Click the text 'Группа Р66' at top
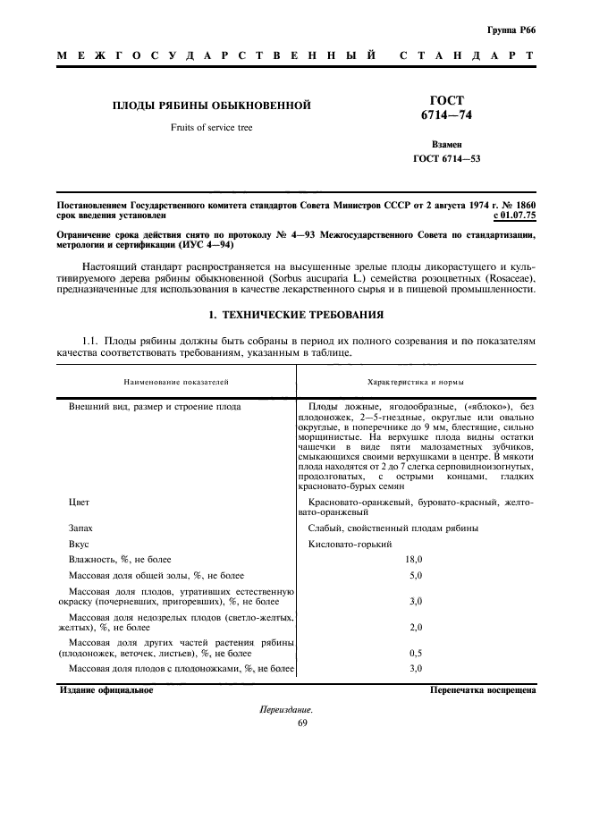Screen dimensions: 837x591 tap(512, 30)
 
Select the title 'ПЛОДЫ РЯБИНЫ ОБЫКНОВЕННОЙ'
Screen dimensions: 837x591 tap(211, 106)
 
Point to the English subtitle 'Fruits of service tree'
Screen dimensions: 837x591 tap(212, 128)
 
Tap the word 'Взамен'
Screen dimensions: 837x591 tap(446, 144)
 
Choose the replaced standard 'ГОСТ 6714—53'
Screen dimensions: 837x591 tap(447, 159)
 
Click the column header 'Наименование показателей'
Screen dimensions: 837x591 tap(177, 382)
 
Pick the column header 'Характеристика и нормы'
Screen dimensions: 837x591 tap(416, 382)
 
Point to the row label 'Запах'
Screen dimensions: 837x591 tap(81, 528)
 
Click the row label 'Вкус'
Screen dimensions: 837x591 tap(79, 544)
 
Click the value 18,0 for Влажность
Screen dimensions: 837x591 tap(415, 559)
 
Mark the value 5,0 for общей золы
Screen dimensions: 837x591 tap(415, 575)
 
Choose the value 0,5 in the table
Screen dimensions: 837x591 tap(415, 653)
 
